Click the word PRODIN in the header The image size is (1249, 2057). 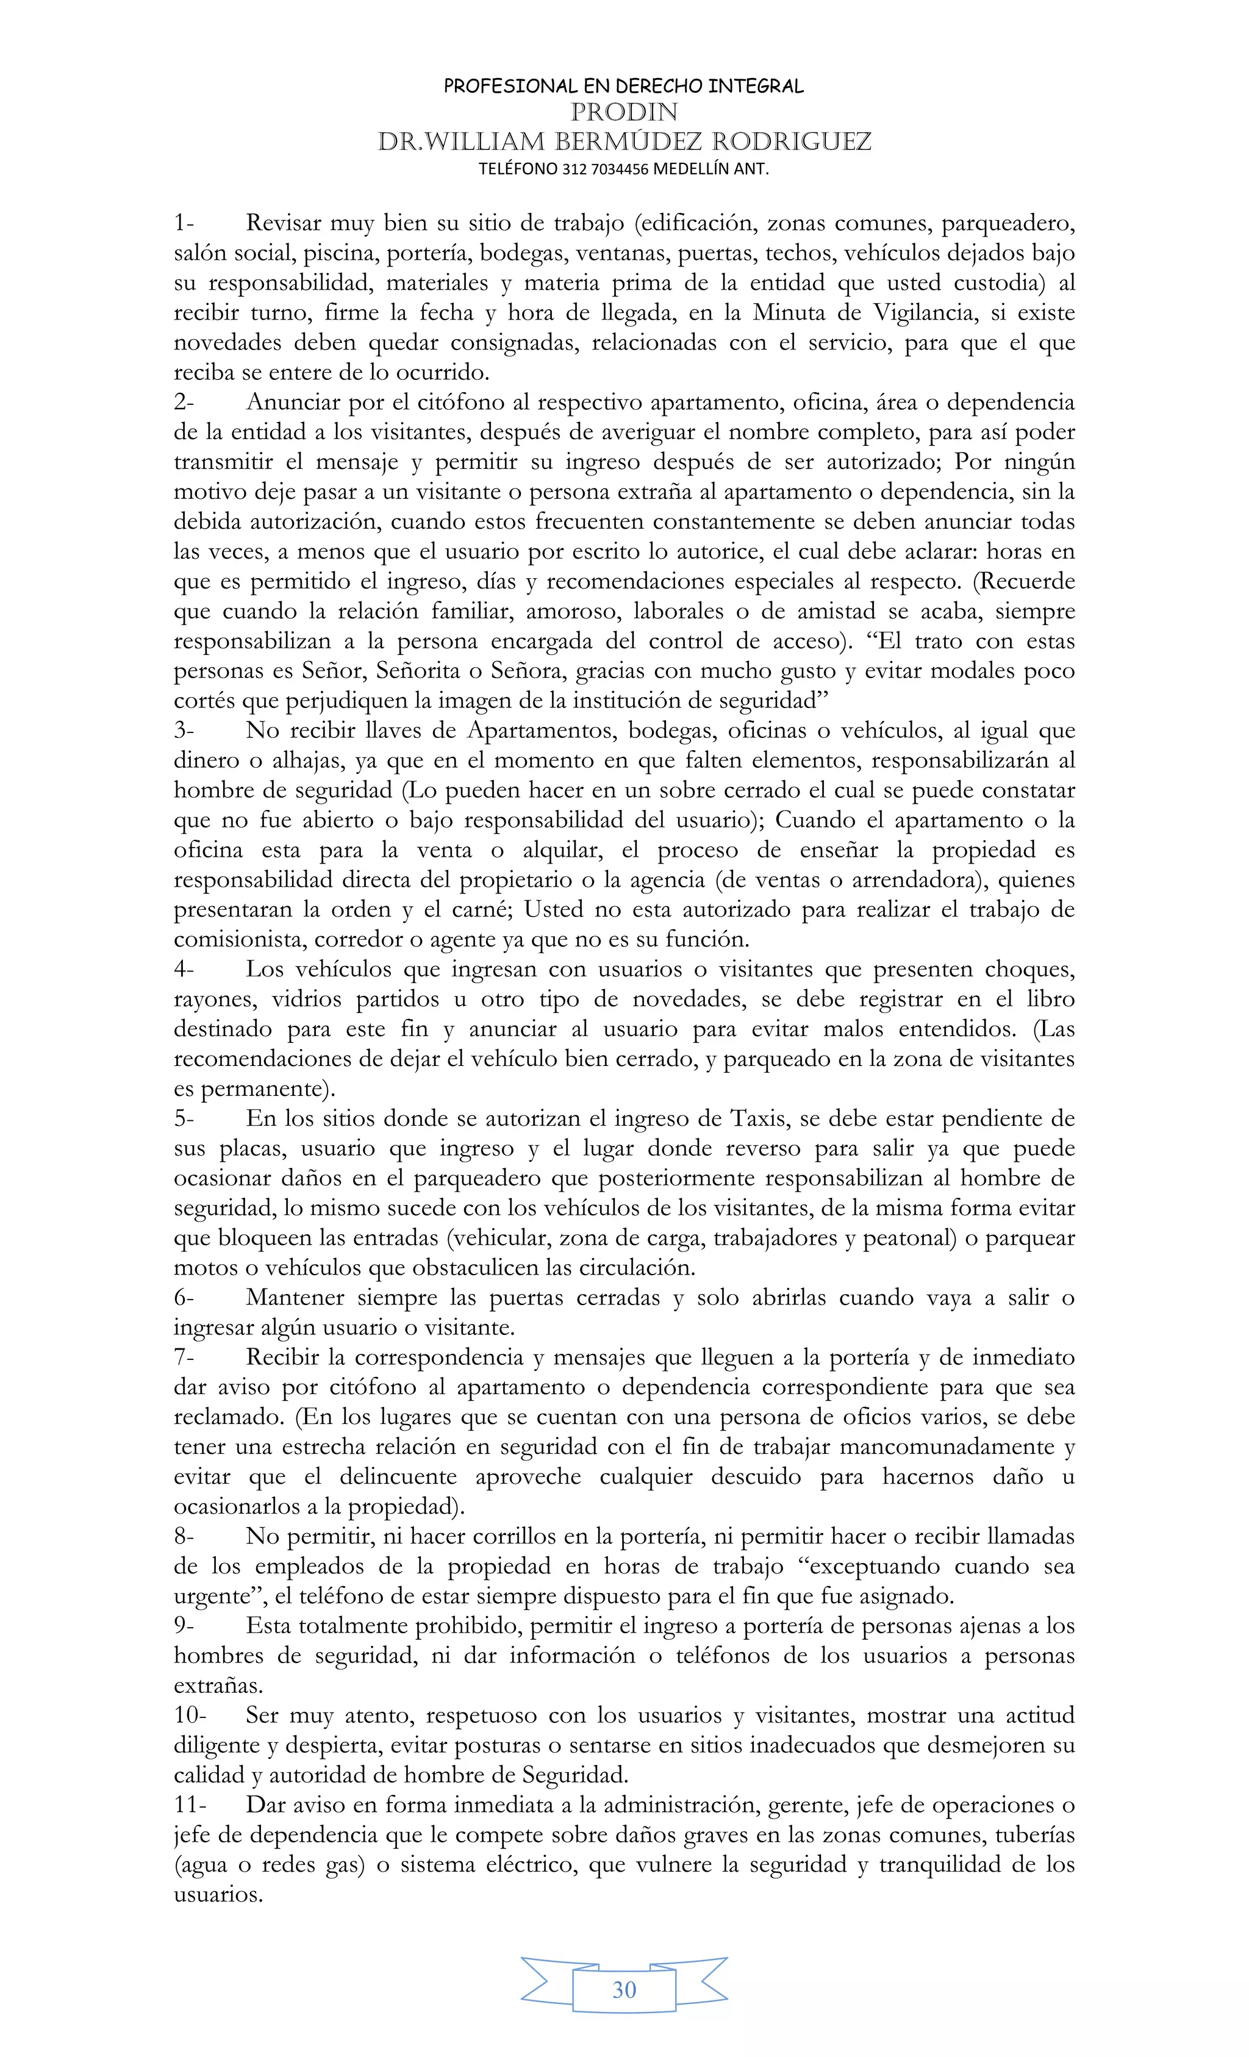point(624,113)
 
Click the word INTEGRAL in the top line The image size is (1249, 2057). point(755,86)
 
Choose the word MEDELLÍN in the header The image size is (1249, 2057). point(690,170)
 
